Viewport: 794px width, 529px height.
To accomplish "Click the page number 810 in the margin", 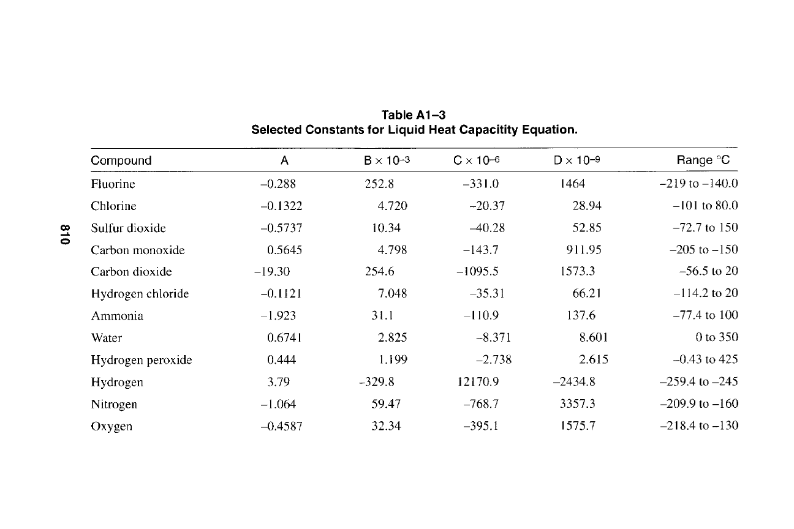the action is [x=64, y=234].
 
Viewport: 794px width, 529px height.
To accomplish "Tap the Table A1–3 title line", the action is [x=414, y=114].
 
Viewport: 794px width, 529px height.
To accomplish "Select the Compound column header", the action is [x=121, y=160].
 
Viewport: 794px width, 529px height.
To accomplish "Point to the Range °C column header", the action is [x=703, y=160].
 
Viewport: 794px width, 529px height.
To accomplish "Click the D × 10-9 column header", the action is [x=577, y=160].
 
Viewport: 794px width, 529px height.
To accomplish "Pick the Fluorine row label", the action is [x=113, y=184].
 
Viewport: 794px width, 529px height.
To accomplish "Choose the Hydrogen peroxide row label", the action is [x=142, y=360].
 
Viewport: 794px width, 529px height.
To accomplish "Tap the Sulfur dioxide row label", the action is [x=128, y=228].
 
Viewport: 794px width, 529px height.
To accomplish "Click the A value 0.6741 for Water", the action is [x=284, y=338].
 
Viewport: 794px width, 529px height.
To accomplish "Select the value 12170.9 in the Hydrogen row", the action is [x=478, y=381].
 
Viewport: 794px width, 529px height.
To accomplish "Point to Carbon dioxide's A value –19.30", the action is [x=272, y=272].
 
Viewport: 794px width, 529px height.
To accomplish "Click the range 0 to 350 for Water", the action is [x=717, y=337].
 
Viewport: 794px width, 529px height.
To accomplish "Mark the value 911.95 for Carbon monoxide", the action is [x=583, y=250].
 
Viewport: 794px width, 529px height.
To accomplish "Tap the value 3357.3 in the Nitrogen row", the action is [x=577, y=403].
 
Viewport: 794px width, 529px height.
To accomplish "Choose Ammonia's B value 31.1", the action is [x=382, y=315].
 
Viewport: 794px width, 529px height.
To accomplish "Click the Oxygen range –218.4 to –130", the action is [x=699, y=425].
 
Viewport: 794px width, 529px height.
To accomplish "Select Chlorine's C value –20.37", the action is [x=487, y=206].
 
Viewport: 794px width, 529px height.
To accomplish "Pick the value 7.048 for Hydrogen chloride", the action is [x=392, y=293].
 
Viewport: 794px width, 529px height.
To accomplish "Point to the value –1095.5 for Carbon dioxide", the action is [x=477, y=271].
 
